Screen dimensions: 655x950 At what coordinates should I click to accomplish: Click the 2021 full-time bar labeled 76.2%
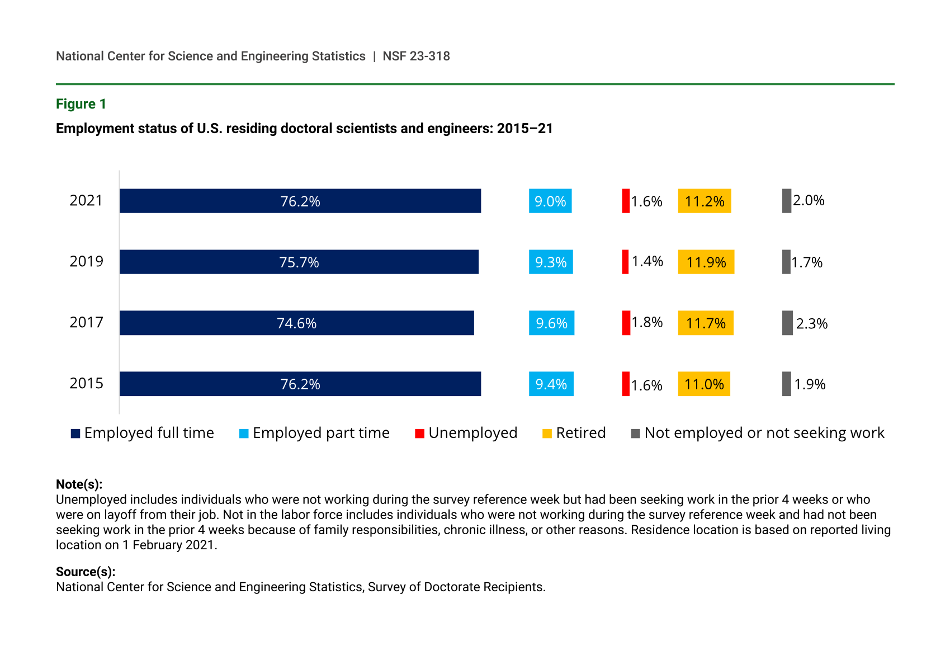click(x=300, y=201)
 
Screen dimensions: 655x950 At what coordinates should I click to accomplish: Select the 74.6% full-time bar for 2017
click(x=297, y=323)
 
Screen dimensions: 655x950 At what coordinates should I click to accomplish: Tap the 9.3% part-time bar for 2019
click(x=551, y=262)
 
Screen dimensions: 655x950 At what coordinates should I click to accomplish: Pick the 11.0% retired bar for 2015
click(x=704, y=384)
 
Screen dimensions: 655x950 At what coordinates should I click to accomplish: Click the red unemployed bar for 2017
click(x=626, y=323)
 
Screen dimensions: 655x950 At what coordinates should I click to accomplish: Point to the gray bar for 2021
click(x=786, y=201)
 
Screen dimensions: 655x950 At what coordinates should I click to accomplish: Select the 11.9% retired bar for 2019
click(x=706, y=262)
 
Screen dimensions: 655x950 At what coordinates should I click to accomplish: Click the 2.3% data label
click(x=811, y=323)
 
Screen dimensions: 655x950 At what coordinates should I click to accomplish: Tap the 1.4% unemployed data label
click(x=647, y=261)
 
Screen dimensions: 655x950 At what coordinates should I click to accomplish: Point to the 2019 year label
click(x=86, y=261)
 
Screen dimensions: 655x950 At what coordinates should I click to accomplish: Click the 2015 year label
click(x=86, y=383)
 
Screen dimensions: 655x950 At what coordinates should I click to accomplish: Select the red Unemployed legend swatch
click(x=420, y=433)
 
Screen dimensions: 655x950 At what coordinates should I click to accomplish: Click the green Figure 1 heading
click(x=81, y=104)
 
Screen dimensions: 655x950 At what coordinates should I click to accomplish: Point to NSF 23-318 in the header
click(x=416, y=56)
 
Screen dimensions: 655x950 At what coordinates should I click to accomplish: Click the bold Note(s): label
click(x=79, y=484)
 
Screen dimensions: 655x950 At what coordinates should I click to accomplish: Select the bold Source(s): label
click(x=86, y=572)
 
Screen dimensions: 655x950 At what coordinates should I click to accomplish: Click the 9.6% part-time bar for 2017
click(x=551, y=323)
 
